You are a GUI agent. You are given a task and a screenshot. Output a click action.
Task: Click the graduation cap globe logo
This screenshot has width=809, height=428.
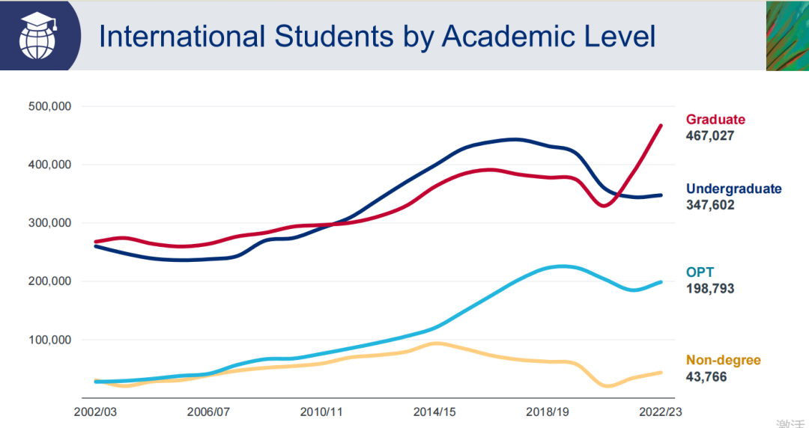coord(38,34)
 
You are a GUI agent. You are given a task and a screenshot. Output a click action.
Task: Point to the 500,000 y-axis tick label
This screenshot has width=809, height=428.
coord(49,106)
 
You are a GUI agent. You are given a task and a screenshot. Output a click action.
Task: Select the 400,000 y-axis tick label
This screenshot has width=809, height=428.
coord(49,165)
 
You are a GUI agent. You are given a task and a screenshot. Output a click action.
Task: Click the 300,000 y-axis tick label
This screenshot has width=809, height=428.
coord(49,223)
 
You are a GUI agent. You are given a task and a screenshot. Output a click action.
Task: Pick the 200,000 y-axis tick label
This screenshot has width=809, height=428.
coord(49,281)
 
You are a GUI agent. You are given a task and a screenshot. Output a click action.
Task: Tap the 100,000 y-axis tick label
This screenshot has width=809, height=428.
coord(49,340)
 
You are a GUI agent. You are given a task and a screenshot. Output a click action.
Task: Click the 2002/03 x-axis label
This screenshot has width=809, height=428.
coord(94,412)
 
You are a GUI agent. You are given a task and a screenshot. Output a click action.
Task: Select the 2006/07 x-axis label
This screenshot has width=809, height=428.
coord(208,412)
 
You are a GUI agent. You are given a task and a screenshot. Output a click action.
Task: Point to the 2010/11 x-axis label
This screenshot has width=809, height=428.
coord(321,412)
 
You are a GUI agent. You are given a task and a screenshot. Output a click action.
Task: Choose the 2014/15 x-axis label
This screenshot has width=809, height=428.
coord(434,412)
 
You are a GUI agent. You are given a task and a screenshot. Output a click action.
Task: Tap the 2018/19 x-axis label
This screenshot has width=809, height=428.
coord(548,412)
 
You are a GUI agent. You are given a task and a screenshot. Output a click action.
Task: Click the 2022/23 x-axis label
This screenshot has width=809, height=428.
coord(661,412)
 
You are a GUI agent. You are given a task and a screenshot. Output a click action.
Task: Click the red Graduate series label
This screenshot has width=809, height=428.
coord(715,120)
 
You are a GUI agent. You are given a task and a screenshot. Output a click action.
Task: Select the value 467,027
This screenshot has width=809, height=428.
coord(709,136)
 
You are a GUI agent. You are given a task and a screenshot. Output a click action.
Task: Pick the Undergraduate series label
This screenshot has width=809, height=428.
coord(733,189)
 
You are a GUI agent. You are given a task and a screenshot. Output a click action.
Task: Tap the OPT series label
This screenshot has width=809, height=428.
coord(700,272)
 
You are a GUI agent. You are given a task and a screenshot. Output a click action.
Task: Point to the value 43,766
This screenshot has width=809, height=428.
coord(706,377)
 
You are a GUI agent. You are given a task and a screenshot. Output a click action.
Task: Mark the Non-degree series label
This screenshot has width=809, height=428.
coord(723,361)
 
